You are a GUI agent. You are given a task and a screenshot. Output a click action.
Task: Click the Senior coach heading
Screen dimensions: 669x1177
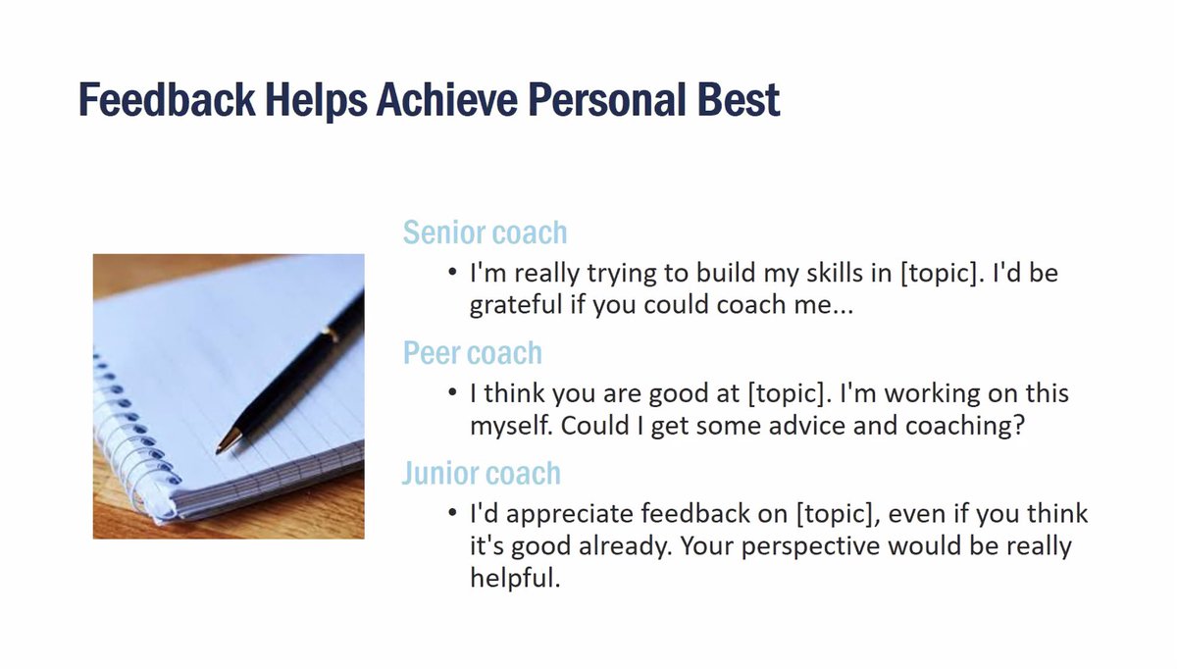(x=485, y=233)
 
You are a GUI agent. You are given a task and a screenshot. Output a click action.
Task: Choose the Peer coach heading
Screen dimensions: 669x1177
(x=472, y=353)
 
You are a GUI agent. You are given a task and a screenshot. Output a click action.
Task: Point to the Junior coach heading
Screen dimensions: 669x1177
(x=481, y=473)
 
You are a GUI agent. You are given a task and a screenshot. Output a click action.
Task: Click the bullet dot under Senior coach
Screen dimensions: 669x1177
(x=451, y=272)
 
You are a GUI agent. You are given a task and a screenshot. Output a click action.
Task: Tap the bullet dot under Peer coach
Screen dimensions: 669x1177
(x=451, y=393)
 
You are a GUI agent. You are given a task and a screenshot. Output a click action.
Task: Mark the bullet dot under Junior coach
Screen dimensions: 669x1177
(x=451, y=514)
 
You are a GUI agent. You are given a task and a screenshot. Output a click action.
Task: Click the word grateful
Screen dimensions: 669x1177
(x=516, y=305)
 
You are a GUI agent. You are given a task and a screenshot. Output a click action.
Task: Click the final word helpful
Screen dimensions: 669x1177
(x=514, y=579)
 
